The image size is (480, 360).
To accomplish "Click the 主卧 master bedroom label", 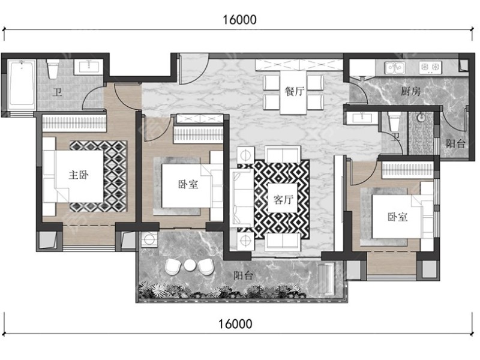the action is (x=79, y=175).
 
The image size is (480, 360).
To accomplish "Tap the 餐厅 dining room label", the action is (x=295, y=91).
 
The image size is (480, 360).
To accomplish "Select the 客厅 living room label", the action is (x=283, y=200).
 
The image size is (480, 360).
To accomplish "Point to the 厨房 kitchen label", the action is (x=411, y=91).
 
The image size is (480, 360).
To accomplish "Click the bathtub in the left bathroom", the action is (x=22, y=83).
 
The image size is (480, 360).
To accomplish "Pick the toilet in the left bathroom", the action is (x=53, y=68).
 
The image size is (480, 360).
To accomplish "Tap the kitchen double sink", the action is (x=395, y=68).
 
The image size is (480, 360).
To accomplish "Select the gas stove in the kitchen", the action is (x=430, y=67).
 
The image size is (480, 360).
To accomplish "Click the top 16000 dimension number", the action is (x=239, y=20).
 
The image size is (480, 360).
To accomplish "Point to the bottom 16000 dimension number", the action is (x=235, y=324).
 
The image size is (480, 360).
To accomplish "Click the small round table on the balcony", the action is (x=190, y=265).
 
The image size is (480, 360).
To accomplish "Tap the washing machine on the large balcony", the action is (x=149, y=239).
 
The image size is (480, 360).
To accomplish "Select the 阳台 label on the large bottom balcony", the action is (x=244, y=276).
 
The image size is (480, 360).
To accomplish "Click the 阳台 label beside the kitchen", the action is (x=455, y=143).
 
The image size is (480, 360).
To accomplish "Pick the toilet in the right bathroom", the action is (x=394, y=120).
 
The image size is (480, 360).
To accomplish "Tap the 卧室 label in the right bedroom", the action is (x=398, y=217).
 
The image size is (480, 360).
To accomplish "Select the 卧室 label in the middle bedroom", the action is (x=188, y=184).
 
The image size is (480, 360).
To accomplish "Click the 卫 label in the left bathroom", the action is (x=57, y=92).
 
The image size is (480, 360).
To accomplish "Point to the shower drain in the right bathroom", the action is (x=422, y=116).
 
